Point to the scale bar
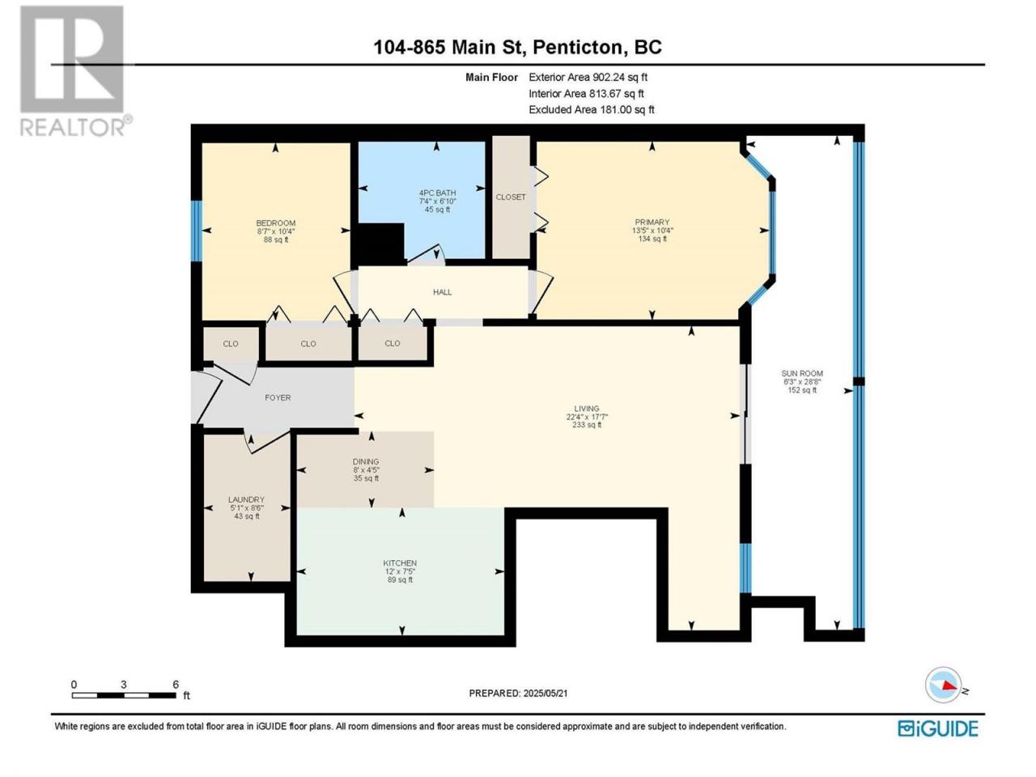coord(124,695)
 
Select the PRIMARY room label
coord(652,223)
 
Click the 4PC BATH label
coord(437,193)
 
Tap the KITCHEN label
coord(400,563)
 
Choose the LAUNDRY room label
coord(246,499)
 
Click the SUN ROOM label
coord(802,373)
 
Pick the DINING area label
coord(366,462)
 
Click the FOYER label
coord(278,397)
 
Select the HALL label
coord(442,292)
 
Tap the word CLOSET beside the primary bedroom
coord(511,197)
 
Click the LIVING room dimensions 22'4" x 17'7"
coord(587,417)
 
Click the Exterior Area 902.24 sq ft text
coord(588,77)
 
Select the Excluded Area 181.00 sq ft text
coord(592,109)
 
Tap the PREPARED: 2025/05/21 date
coord(518,693)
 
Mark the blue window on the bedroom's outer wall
coord(197,231)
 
